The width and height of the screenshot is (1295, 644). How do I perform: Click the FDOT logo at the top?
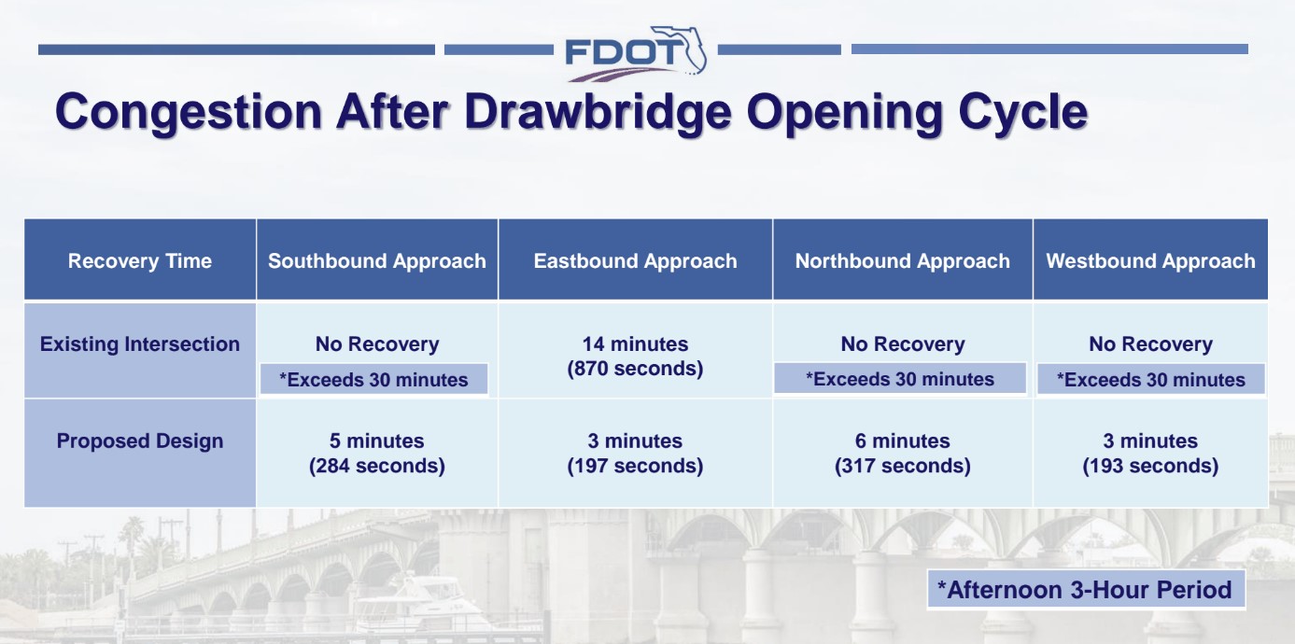click(635, 50)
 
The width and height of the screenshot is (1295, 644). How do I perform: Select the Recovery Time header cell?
click(140, 261)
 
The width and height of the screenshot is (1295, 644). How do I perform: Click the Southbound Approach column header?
click(377, 261)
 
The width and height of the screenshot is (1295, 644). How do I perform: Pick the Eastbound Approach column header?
click(635, 261)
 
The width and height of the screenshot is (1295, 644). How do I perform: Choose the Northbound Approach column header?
click(902, 261)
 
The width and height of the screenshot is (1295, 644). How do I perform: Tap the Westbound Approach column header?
click(1150, 261)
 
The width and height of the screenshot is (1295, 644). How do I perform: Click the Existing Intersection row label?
click(140, 344)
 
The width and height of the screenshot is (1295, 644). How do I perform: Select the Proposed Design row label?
click(140, 441)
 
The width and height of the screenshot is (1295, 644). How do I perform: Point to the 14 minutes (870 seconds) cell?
click(635, 357)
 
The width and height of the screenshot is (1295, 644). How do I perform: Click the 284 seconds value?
click(377, 466)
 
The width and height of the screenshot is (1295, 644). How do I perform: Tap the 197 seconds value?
click(635, 466)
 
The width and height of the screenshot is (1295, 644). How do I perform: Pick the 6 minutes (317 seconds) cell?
click(902, 454)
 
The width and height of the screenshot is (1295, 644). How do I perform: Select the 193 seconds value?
click(1150, 466)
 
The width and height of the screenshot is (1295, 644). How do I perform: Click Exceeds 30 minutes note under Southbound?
click(373, 380)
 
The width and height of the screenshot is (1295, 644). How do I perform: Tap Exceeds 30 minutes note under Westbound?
click(1150, 380)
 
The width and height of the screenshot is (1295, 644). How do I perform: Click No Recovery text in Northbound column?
click(902, 344)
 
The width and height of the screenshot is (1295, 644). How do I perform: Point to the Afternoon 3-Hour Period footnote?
click(1085, 590)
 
